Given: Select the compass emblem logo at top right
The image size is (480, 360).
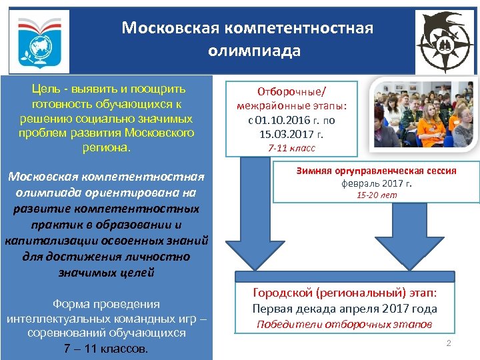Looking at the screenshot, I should coord(445,41).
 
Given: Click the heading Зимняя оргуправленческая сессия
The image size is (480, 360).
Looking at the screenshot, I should coord(377,171).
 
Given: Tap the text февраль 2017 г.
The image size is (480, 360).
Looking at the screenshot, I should coord(377,183).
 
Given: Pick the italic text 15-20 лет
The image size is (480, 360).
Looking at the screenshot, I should coord(377,195).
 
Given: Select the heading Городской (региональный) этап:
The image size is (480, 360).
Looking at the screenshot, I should coord(345,293).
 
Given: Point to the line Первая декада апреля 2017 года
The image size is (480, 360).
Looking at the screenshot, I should coord(345,309).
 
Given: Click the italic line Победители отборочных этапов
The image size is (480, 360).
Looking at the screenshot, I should coord(345,325).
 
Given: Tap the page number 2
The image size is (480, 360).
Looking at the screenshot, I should coord(449,343).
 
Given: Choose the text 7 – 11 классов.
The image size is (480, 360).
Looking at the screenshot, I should coord(105,349).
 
